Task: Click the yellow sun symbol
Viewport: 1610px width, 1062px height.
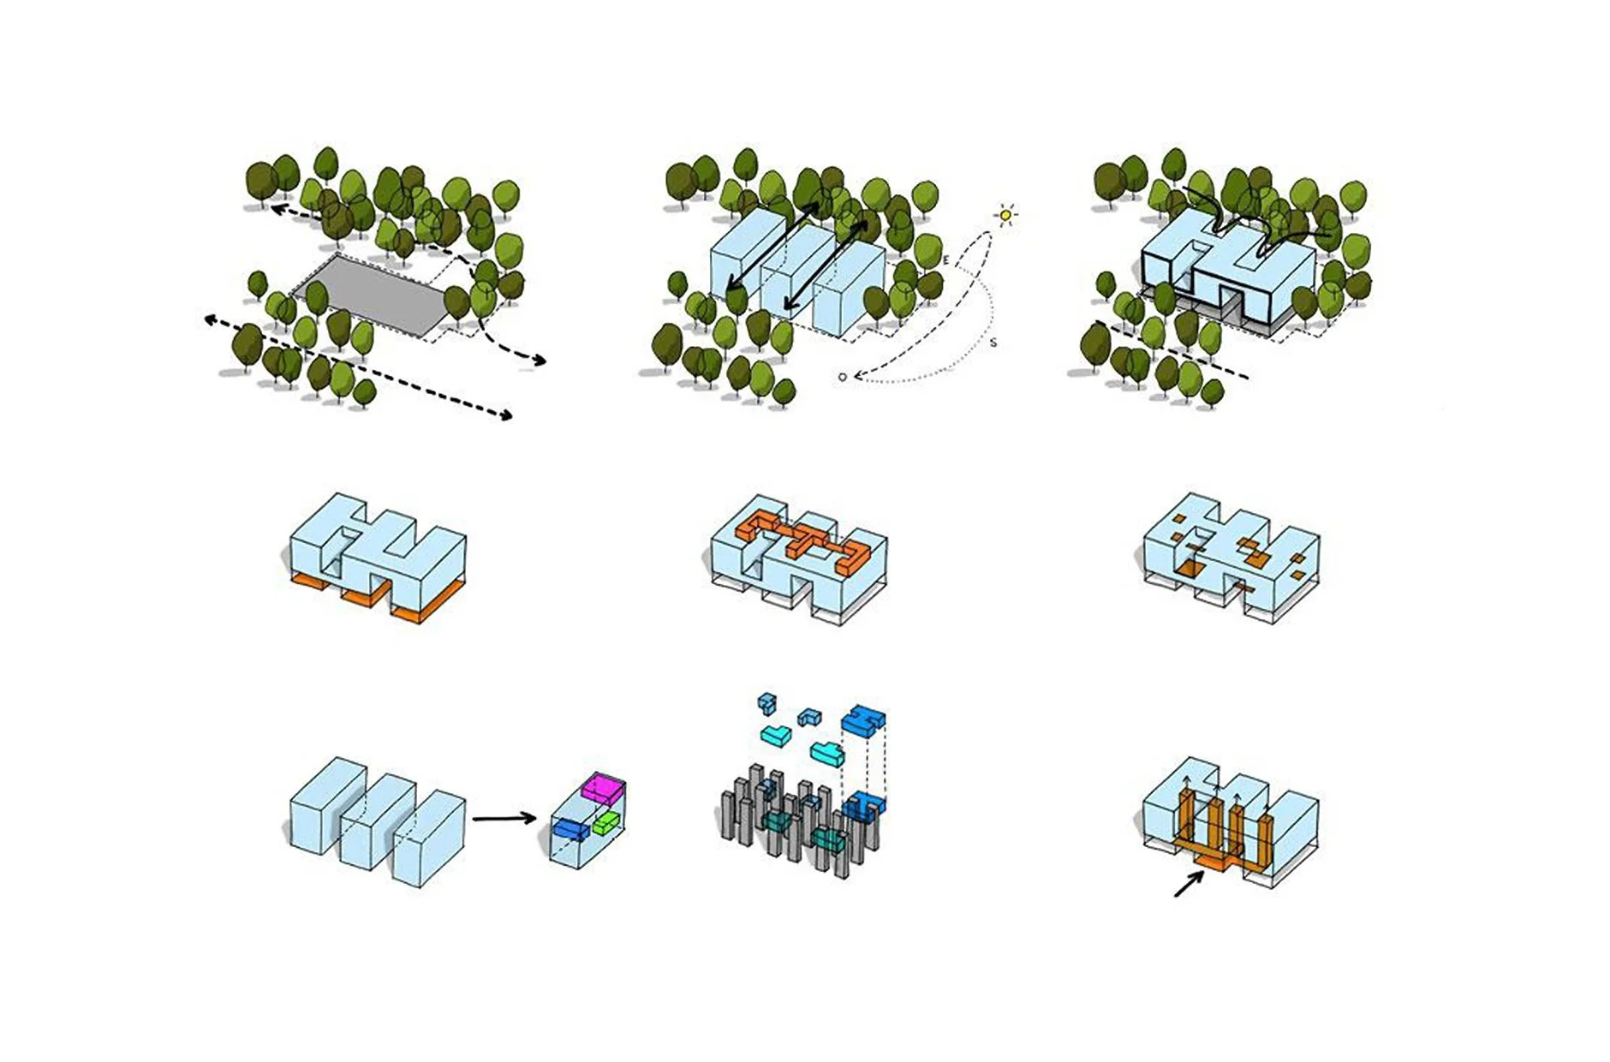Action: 1005,215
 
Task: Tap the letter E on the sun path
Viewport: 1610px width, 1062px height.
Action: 945,259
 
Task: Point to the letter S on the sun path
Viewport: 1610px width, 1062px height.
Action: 993,343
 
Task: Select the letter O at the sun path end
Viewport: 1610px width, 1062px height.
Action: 843,377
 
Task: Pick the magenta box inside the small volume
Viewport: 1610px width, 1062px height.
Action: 603,787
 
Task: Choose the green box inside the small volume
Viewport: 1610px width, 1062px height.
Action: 605,823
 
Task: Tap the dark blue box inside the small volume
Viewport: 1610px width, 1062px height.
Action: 570,828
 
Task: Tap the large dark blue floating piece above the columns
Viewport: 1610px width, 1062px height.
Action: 863,722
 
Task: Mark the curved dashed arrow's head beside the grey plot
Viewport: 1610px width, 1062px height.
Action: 540,361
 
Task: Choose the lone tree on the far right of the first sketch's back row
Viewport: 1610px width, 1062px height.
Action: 505,199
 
